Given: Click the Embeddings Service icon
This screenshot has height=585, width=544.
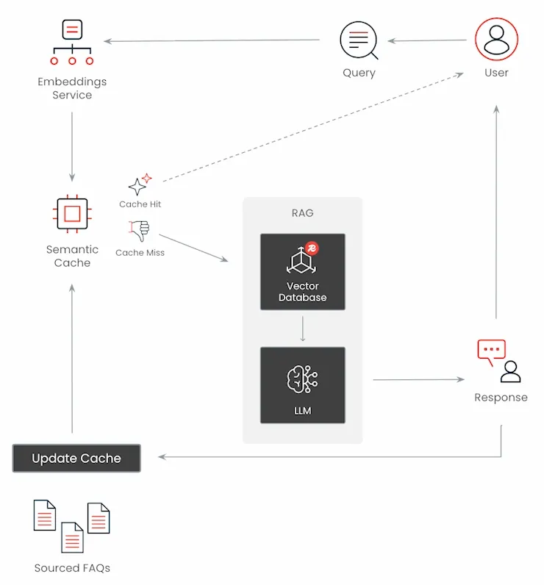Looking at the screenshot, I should click(x=72, y=43).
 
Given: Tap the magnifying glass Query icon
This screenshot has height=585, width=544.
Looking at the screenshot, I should click(x=358, y=40).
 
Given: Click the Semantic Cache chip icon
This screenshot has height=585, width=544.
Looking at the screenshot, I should click(x=72, y=214).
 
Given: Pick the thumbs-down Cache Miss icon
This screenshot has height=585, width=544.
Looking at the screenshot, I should click(x=139, y=231).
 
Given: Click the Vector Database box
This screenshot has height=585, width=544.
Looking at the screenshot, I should click(x=302, y=271).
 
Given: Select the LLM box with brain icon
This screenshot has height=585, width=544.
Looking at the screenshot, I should click(x=302, y=385).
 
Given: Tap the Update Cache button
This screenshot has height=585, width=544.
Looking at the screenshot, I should click(x=76, y=459).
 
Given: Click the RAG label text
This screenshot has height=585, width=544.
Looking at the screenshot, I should click(x=302, y=213).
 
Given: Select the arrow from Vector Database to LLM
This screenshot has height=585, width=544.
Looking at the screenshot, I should click(x=302, y=329).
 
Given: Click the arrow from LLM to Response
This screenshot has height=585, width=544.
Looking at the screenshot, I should click(x=418, y=380).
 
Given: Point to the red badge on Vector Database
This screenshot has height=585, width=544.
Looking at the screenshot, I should click(x=313, y=249).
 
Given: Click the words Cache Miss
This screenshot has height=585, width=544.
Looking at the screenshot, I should click(x=140, y=253).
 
